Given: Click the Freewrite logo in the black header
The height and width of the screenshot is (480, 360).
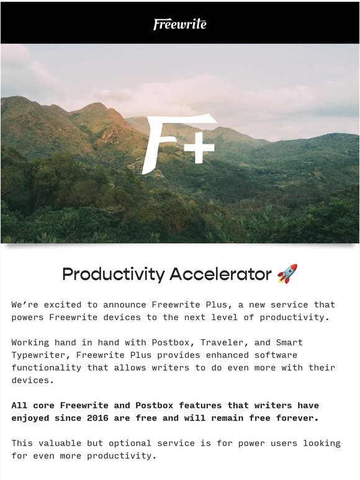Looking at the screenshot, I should [180, 24].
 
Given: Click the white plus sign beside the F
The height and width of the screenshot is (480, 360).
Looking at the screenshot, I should [199, 148].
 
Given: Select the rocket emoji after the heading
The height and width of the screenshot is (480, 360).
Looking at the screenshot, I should [287, 273].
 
